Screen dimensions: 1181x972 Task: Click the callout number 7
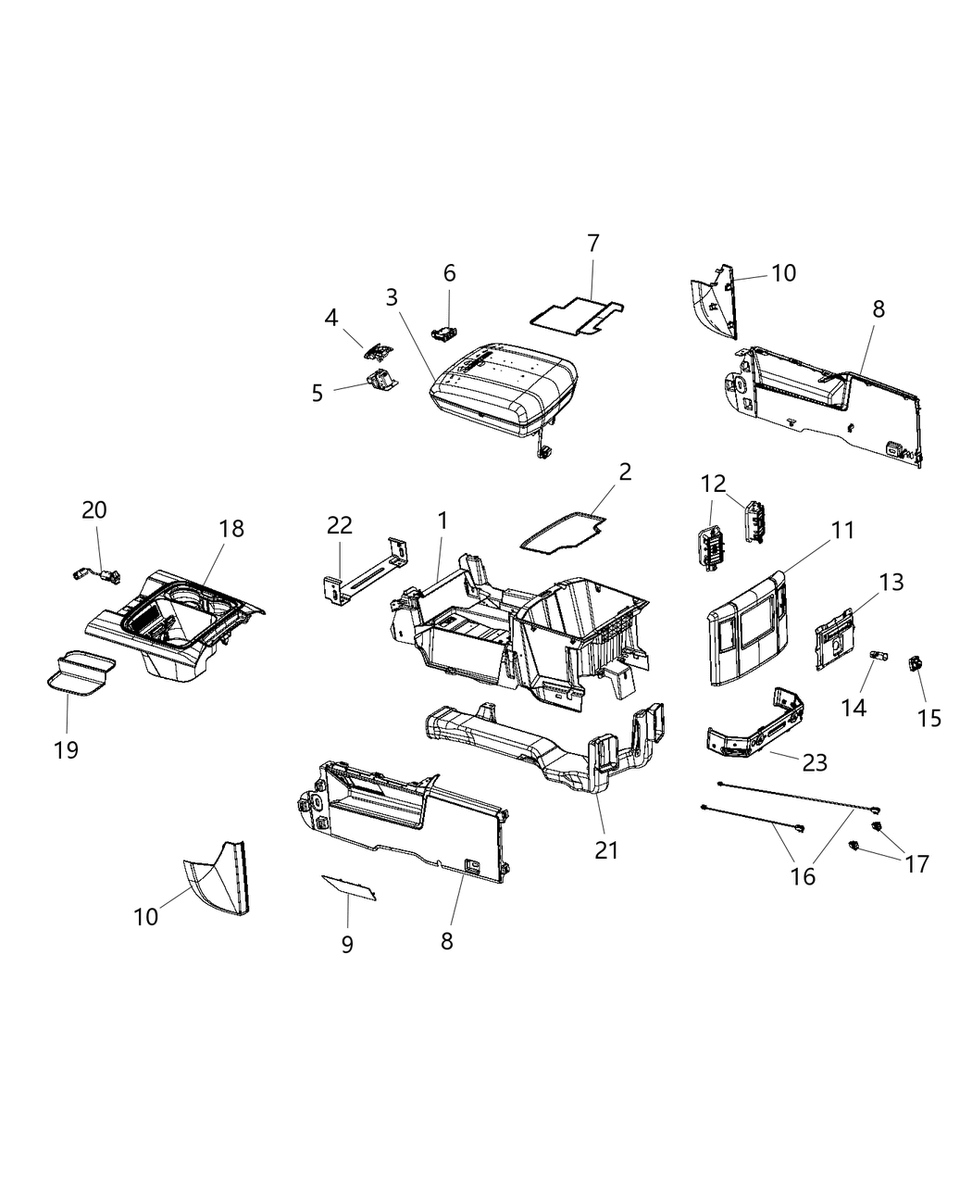[x=593, y=244]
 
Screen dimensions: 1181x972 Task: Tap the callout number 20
[x=94, y=509]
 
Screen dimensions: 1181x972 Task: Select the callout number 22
[x=340, y=525]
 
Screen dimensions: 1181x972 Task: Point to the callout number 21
[x=606, y=849]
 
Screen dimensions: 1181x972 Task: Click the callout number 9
[x=347, y=944]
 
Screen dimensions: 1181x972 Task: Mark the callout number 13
[x=891, y=583]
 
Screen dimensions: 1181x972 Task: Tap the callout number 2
[x=625, y=471]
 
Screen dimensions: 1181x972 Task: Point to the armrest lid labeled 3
[x=505, y=389]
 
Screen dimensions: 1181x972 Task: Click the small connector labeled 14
[x=877, y=658]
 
